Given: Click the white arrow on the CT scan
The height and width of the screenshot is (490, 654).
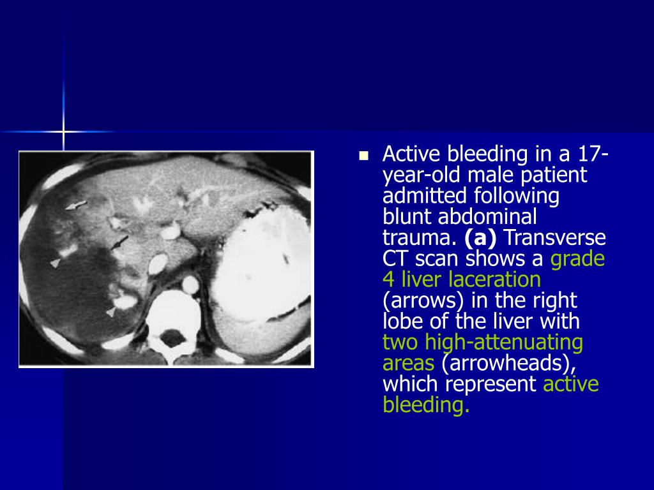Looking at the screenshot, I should coord(76,205).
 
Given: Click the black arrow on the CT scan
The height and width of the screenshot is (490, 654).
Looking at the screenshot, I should coord(119,242).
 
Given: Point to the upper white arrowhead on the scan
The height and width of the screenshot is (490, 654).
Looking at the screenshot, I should coord(56,263).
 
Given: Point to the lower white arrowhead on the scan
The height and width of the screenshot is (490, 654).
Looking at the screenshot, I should coord(110,311).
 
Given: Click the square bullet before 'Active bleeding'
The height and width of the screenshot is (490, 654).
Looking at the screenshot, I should coord(364,155).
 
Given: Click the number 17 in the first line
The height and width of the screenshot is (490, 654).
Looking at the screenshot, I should coord(590,154).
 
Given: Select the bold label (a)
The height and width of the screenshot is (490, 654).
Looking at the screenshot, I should coord(480,238).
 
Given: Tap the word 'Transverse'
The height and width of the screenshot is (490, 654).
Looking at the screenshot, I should coord(556,238).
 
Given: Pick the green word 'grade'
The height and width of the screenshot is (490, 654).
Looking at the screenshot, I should coord(577,258).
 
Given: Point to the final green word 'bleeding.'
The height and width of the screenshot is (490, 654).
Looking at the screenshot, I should coord(426,405).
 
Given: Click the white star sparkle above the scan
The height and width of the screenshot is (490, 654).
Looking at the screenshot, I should coord(63,131).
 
